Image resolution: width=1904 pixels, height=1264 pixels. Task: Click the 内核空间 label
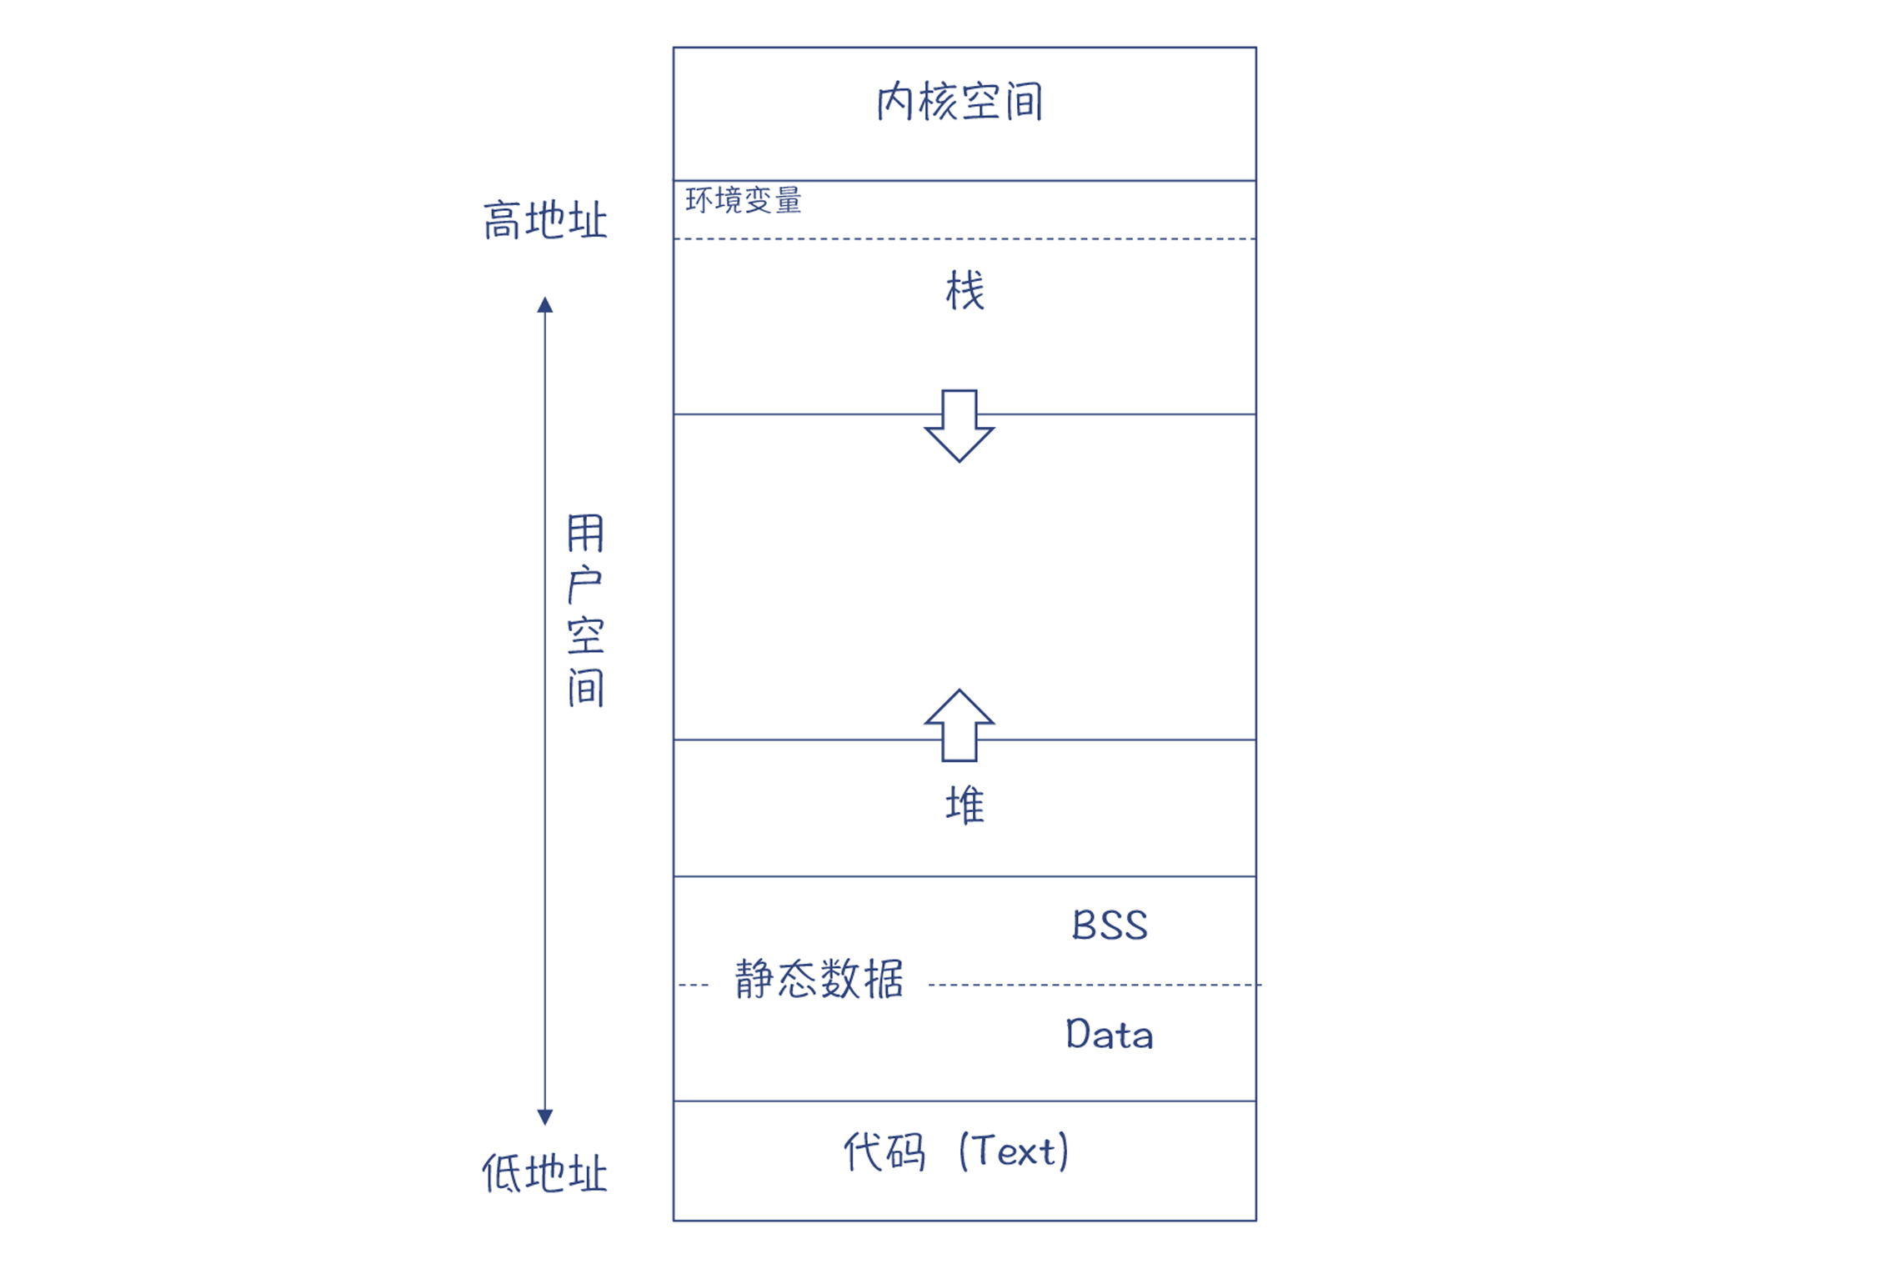960,102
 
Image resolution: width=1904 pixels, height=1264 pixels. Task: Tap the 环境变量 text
743,200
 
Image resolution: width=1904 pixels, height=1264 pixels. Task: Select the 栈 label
965,291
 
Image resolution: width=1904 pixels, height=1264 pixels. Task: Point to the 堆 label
965,805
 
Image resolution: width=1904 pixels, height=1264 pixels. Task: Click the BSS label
1110,925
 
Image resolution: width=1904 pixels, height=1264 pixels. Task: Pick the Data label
1110,1035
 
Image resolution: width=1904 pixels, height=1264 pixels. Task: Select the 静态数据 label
819,979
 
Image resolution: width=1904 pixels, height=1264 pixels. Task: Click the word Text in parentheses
1014,1152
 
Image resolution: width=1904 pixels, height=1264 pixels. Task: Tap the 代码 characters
884,1152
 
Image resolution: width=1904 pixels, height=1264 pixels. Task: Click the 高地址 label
545,221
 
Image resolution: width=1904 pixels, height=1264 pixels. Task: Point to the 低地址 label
545,1174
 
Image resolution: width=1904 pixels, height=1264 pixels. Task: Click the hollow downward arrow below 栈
959,425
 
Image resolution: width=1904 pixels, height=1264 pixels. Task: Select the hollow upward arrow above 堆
959,725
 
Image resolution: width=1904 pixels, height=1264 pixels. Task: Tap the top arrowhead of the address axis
545,304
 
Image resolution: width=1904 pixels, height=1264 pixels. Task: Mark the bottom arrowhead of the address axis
545,1117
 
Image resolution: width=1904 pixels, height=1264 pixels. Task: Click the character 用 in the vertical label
585,534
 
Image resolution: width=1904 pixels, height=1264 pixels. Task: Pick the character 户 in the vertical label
585,584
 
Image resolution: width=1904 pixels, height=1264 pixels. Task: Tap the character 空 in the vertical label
585,636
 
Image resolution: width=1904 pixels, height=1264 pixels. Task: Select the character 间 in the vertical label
585,688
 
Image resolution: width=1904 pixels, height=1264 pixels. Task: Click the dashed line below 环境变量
965,239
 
